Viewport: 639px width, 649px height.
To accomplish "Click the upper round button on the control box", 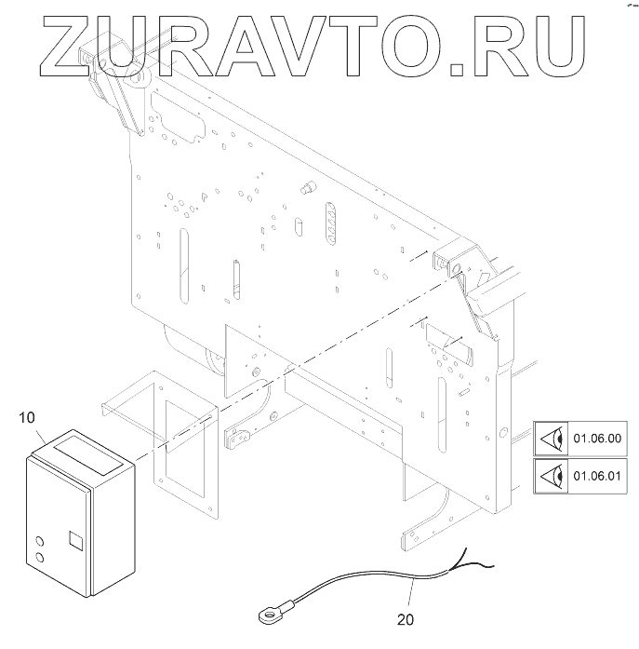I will [39, 541].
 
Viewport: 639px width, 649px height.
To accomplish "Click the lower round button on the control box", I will [40, 560].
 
